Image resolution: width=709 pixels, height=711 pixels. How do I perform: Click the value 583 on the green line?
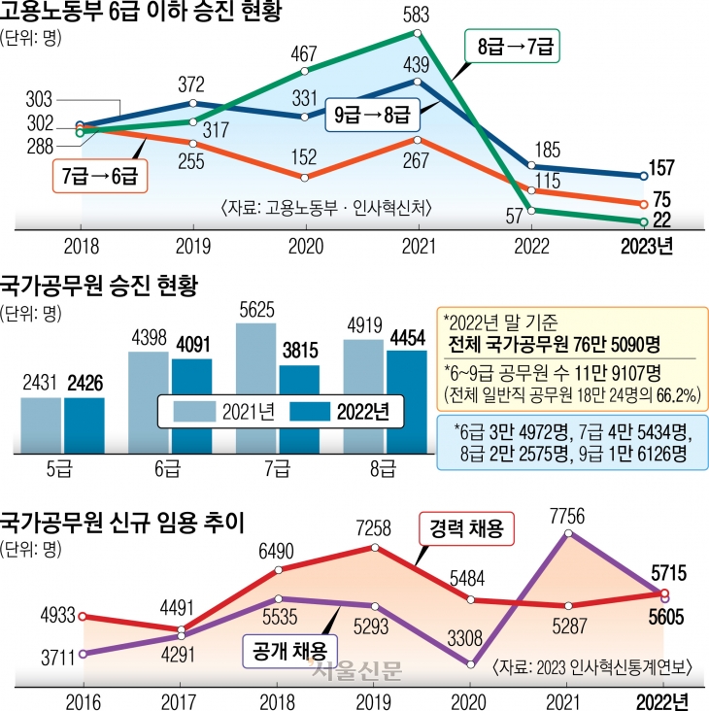pyautogui.click(x=417, y=17)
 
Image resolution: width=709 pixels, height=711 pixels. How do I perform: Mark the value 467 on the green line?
pyautogui.click(x=305, y=52)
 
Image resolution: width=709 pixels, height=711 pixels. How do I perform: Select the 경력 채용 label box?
pyautogui.click(x=466, y=530)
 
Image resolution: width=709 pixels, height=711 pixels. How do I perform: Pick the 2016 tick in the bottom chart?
pyautogui.click(x=82, y=700)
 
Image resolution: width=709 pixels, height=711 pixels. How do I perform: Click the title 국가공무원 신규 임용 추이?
pyautogui.click(x=120, y=519)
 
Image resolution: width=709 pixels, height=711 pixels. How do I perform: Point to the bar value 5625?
pyautogui.click(x=255, y=310)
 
